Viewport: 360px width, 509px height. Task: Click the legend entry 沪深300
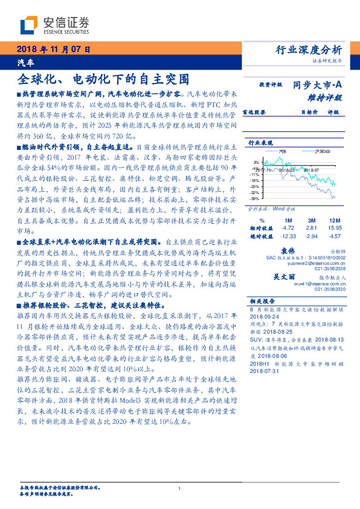322,151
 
